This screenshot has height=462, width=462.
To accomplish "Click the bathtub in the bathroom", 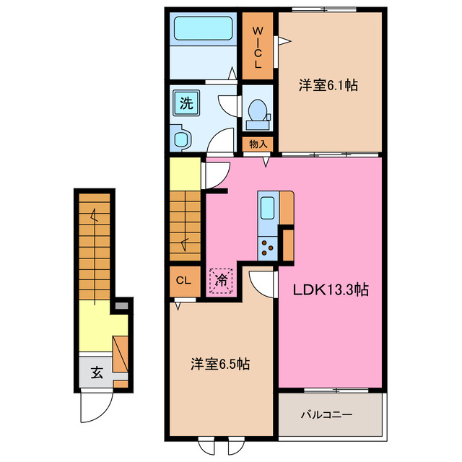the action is (x=203, y=28).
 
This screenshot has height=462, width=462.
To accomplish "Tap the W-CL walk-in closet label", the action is (x=258, y=48).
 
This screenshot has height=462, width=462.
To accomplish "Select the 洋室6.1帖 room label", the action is (x=328, y=85).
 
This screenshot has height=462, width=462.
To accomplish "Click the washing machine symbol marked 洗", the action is (x=186, y=103).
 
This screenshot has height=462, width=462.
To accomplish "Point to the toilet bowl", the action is (x=258, y=114).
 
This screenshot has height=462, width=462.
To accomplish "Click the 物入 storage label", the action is (x=258, y=144).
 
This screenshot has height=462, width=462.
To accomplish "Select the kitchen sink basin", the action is (x=267, y=208).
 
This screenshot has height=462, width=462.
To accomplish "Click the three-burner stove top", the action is (x=268, y=248).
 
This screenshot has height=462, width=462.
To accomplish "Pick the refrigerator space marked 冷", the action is (x=221, y=281).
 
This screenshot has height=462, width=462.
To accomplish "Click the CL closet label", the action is (x=183, y=281).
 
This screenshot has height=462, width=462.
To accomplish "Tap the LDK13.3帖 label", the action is (x=331, y=290).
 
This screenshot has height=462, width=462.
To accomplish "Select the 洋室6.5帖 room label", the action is (x=220, y=365).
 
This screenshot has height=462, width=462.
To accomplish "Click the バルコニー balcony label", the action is (x=326, y=415).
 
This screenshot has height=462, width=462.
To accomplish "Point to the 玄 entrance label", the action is (x=97, y=372).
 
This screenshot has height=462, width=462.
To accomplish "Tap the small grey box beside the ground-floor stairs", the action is (x=121, y=306).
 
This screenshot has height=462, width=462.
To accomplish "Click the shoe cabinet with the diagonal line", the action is (x=121, y=354).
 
